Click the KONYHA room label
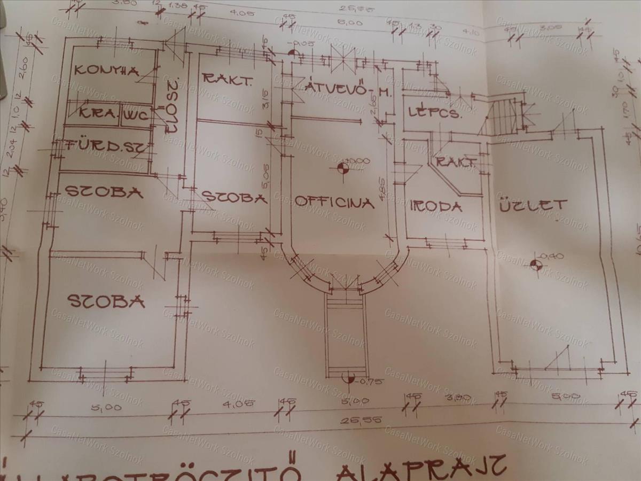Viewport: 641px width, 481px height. [x=106, y=70]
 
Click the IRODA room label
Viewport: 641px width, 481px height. [x=435, y=206]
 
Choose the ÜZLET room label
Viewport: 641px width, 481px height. [x=532, y=205]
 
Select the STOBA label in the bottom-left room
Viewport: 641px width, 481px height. [x=106, y=301]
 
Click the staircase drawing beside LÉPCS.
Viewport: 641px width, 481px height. [x=502, y=114]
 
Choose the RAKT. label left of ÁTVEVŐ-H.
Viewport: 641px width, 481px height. [x=227, y=80]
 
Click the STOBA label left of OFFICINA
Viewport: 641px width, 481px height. [x=234, y=198]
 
